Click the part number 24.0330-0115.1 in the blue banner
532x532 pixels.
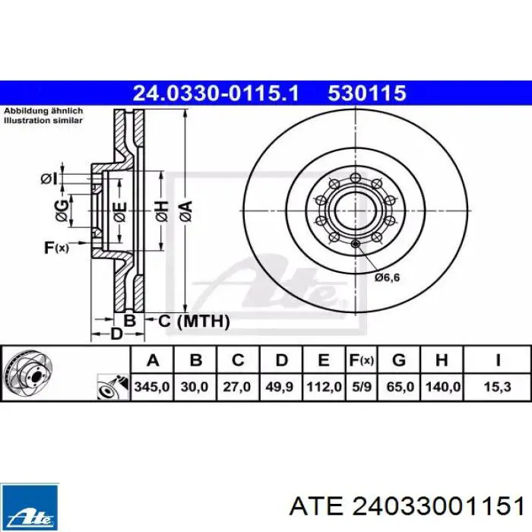[x=216, y=93]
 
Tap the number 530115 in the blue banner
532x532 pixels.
[x=367, y=93]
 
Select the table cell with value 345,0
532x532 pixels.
[x=152, y=387]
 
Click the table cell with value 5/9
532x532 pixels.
[x=362, y=387]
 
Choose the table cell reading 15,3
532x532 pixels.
[x=497, y=387]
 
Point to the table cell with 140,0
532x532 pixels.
[x=442, y=387]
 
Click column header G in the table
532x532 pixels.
[x=399, y=360]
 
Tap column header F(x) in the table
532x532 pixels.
[x=362, y=360]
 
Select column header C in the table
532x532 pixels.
[x=238, y=360]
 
